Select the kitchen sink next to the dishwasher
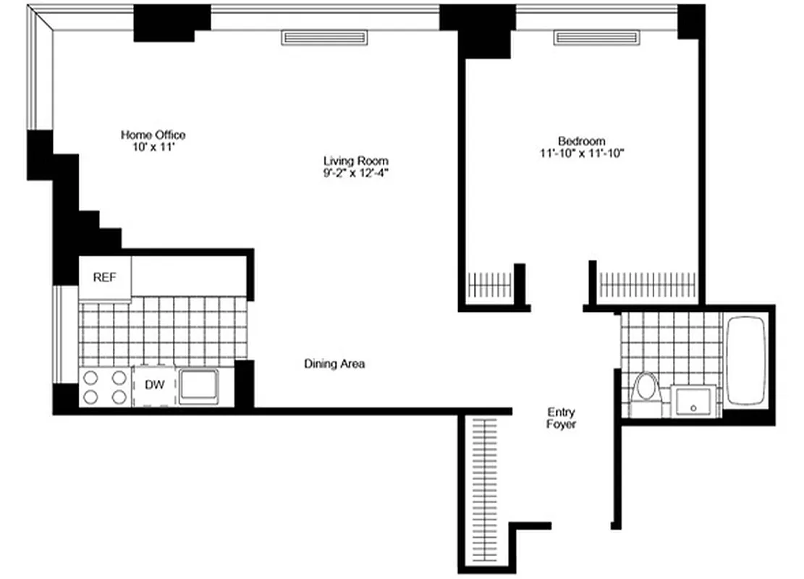199,385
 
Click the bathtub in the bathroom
745,360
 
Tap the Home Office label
153,135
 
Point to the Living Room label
355,161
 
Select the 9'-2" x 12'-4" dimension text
355,173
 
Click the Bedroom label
581,140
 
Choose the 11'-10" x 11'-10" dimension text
581,153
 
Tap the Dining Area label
334,364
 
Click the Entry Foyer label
561,418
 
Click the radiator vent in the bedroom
597,37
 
